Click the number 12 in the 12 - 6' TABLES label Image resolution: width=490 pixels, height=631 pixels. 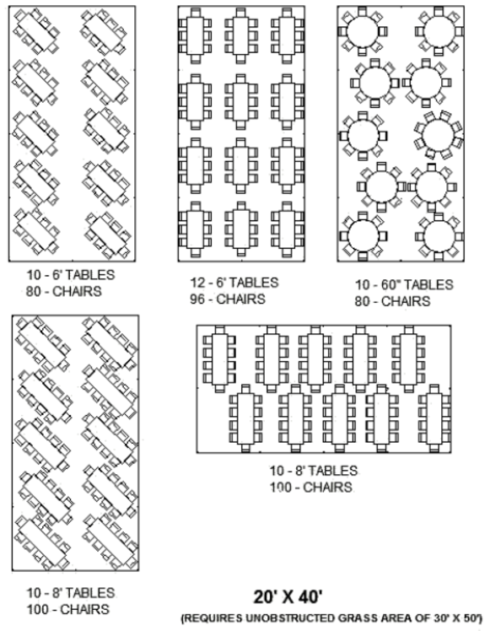tap(197, 283)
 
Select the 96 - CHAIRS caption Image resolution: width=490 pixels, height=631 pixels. tap(228, 299)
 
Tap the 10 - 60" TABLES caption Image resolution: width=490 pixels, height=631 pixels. tap(404, 284)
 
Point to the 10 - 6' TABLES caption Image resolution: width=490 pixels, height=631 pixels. tap(71, 275)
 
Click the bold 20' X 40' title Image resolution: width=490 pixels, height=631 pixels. tap(288, 596)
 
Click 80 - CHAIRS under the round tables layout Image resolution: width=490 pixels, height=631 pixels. tap(392, 301)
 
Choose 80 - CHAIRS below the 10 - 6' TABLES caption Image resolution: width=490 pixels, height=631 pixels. tap(64, 291)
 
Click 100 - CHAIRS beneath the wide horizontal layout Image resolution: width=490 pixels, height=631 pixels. tap(311, 487)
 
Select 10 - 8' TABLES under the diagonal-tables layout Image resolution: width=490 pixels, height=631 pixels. tap(71, 593)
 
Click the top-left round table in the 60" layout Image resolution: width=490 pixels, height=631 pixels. tap(363, 31)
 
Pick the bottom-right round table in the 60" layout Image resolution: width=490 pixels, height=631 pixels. tap(439, 236)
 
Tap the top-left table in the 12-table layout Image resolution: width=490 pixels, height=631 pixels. tap(195, 35)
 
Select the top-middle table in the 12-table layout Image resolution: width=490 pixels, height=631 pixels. tap(241, 35)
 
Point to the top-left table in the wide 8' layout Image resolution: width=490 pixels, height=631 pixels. tap(219, 359)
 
